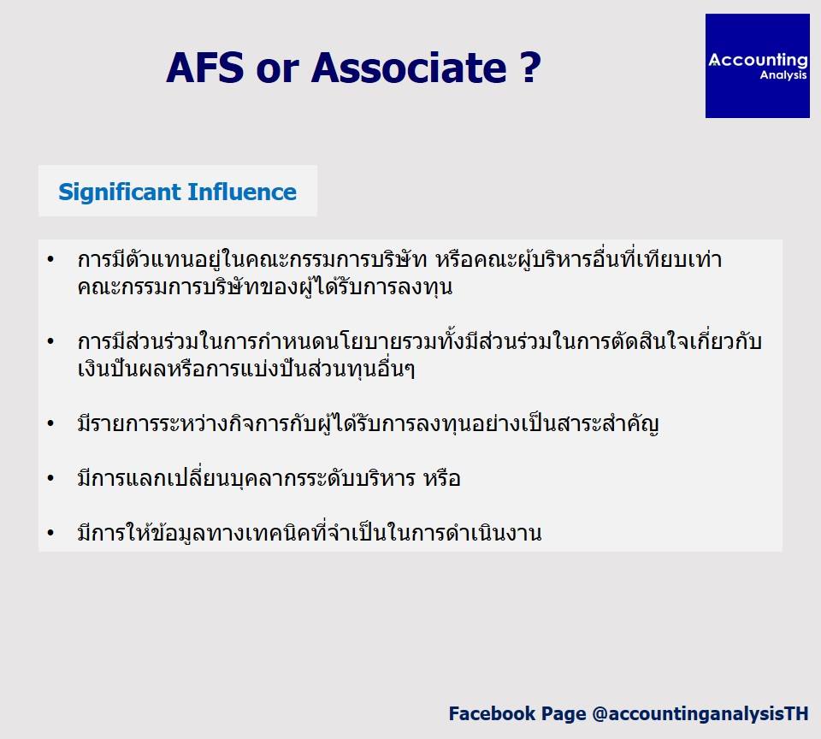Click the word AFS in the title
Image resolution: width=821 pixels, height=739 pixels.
[205, 68]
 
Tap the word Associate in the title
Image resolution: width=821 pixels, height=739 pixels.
[409, 68]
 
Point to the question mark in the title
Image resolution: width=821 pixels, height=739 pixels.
[530, 68]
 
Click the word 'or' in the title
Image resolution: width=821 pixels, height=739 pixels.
[278, 72]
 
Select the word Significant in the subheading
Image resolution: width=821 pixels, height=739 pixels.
[120, 192]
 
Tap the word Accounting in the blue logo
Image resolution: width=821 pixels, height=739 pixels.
[759, 60]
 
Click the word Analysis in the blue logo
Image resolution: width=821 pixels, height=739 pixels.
[783, 75]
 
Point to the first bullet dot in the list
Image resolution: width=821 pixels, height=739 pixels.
[50, 259]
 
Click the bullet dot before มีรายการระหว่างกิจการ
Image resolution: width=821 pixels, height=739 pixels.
[50, 423]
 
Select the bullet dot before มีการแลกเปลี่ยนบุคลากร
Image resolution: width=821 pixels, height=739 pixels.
[50, 478]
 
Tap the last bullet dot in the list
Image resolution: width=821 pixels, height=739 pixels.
[50, 533]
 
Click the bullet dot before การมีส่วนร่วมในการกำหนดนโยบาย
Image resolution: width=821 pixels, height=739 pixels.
[50, 341]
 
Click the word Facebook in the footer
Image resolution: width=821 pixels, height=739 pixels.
[492, 713]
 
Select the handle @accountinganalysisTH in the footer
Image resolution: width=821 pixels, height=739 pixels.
[700, 714]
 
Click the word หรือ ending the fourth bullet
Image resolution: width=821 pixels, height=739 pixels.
[442, 478]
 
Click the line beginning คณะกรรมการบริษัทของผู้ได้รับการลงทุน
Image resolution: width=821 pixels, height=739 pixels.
[265, 287]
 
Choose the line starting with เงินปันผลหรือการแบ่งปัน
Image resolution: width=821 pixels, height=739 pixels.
[246, 369]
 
